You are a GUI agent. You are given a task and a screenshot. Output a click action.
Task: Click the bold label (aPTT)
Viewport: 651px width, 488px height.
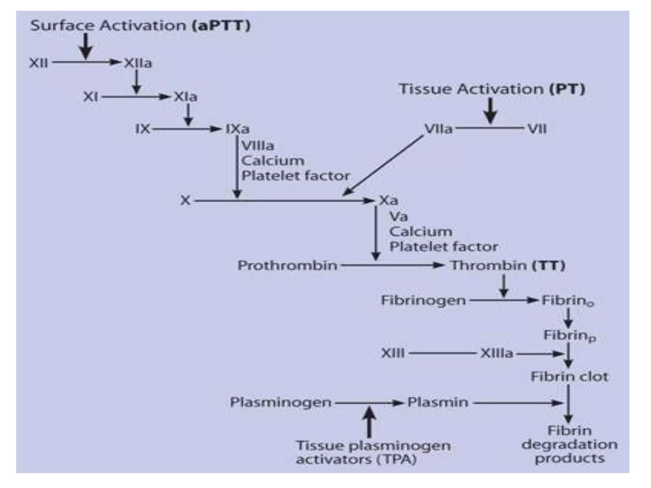pyautogui.click(x=221, y=25)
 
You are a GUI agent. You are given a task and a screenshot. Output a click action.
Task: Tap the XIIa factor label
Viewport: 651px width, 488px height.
pyautogui.click(x=138, y=63)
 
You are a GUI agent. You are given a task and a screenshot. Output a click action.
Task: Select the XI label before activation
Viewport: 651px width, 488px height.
pyautogui.click(x=90, y=97)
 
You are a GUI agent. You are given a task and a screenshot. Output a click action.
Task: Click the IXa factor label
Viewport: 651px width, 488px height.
pyautogui.click(x=237, y=129)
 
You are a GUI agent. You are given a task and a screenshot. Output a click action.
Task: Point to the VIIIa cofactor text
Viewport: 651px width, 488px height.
pyautogui.click(x=257, y=146)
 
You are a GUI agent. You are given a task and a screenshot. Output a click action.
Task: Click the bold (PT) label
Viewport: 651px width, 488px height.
pyautogui.click(x=567, y=89)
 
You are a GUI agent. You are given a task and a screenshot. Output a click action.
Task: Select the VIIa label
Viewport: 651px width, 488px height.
pyautogui.click(x=438, y=129)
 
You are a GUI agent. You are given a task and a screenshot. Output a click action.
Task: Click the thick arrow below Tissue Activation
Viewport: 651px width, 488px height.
pyautogui.click(x=491, y=111)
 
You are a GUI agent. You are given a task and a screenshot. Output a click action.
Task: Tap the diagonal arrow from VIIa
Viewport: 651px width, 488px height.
pyautogui.click(x=383, y=165)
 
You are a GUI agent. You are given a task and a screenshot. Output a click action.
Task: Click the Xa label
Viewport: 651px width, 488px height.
pyautogui.click(x=388, y=200)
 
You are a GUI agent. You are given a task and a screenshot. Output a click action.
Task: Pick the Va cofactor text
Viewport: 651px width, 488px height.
pyautogui.click(x=398, y=217)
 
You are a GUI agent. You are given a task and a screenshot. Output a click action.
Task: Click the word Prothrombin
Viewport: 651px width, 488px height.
pyautogui.click(x=287, y=265)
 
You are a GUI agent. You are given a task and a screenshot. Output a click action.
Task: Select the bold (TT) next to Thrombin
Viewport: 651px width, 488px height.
pyautogui.click(x=549, y=265)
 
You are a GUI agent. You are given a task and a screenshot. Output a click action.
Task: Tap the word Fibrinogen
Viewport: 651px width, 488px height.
pyautogui.click(x=423, y=300)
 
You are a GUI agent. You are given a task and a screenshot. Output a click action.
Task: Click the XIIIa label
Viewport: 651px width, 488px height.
pyautogui.click(x=497, y=353)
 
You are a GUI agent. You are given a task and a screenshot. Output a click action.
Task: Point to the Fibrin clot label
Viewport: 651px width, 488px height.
pyautogui.click(x=569, y=376)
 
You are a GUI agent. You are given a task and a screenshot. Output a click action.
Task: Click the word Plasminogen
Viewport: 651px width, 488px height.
pyautogui.click(x=281, y=402)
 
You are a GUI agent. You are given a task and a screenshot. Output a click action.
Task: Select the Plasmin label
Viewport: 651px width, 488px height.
pyautogui.click(x=438, y=402)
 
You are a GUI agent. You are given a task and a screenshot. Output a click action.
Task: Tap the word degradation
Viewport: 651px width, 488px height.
pyautogui.click(x=569, y=444)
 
